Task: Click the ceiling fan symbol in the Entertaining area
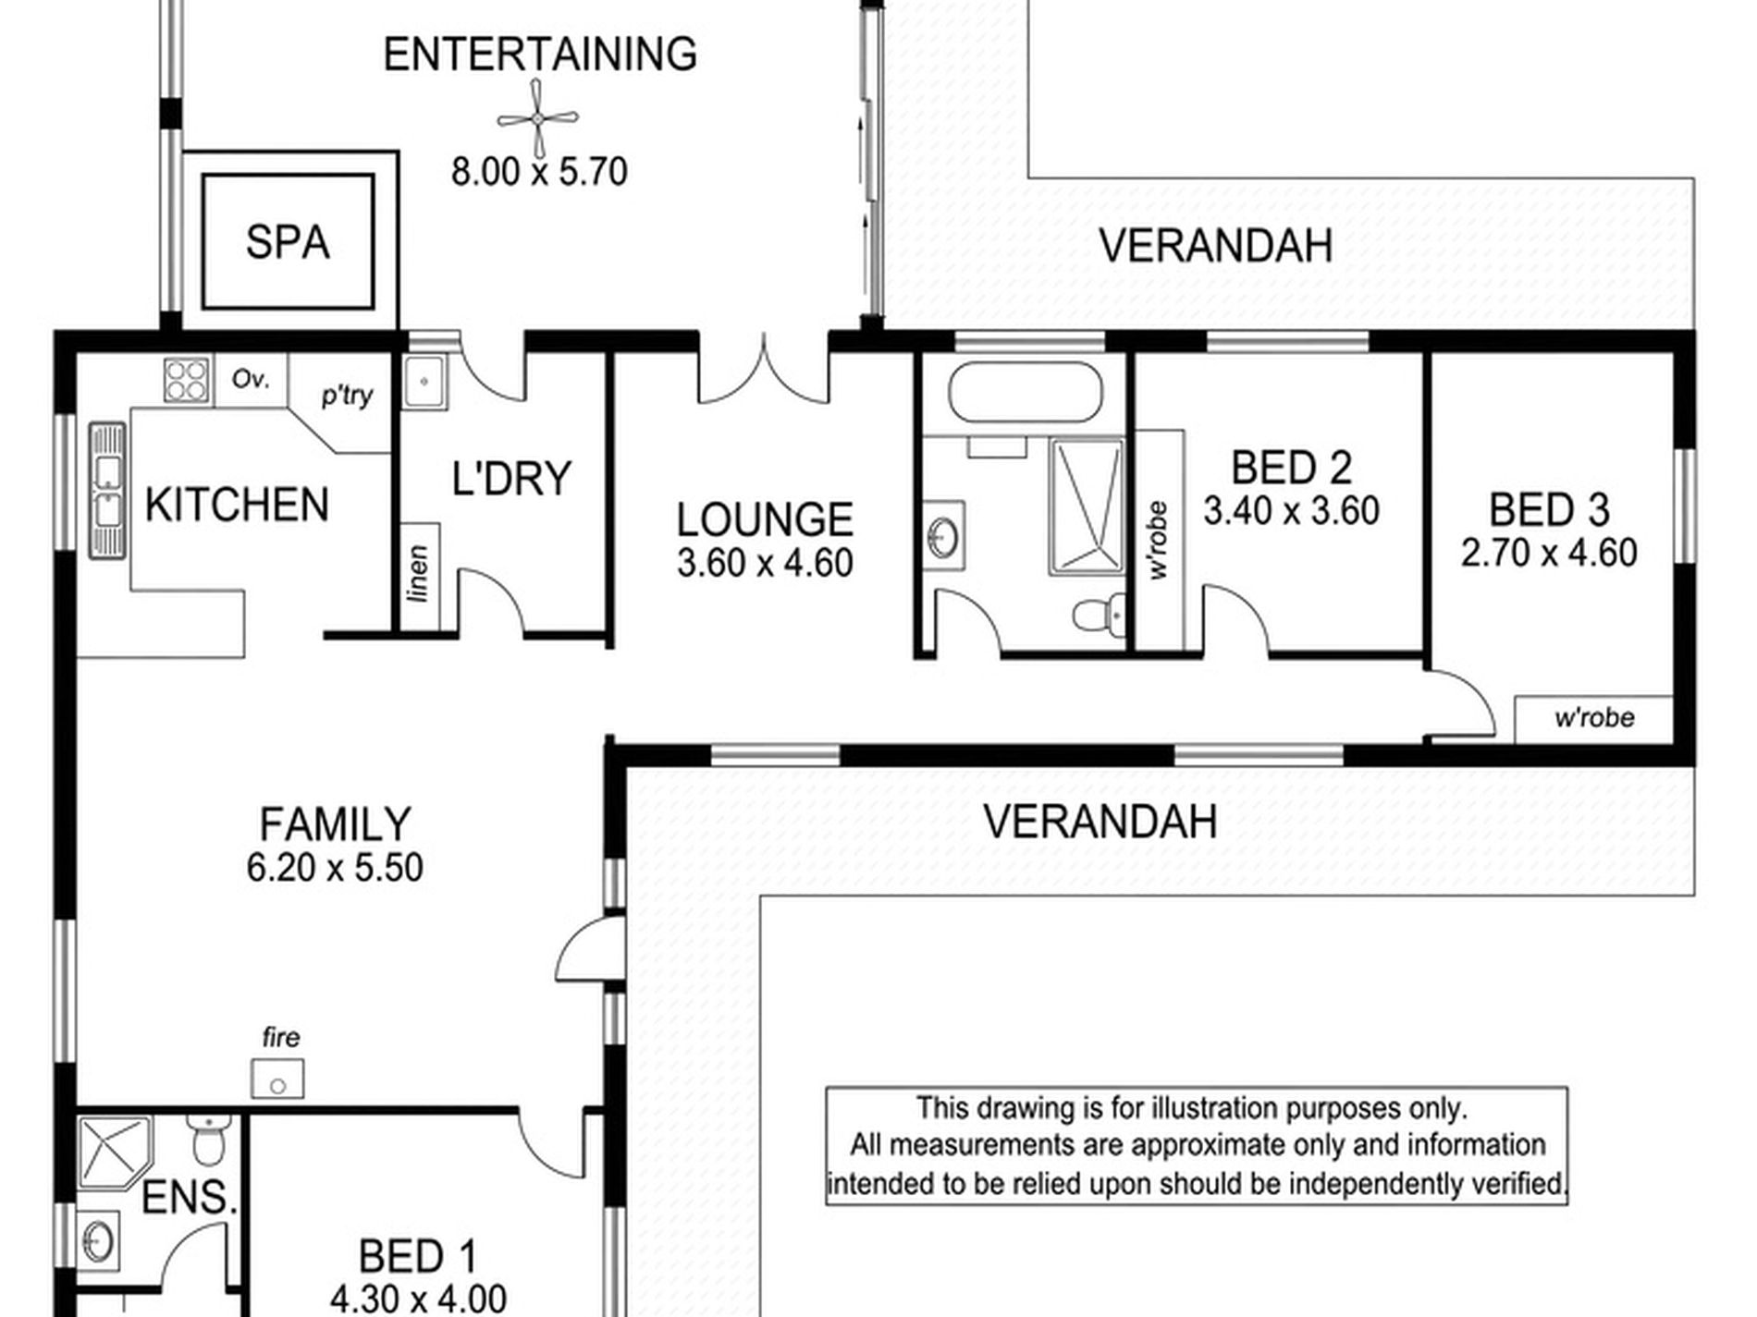tap(537, 118)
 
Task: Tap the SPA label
tap(288, 242)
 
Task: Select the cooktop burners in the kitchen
tap(186, 380)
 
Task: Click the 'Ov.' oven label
tap(250, 379)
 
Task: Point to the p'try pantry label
tap(347, 396)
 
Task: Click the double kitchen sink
tap(107, 491)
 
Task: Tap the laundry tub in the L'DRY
tap(425, 382)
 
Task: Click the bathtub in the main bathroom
tap(1026, 392)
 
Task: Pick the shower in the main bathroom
tap(1087, 506)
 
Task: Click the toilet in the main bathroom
tap(1100, 614)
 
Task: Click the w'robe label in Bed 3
tap(1594, 717)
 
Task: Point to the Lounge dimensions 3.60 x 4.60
tap(765, 563)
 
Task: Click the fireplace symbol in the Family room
tap(277, 1079)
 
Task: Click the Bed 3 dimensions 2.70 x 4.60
tap(1549, 553)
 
